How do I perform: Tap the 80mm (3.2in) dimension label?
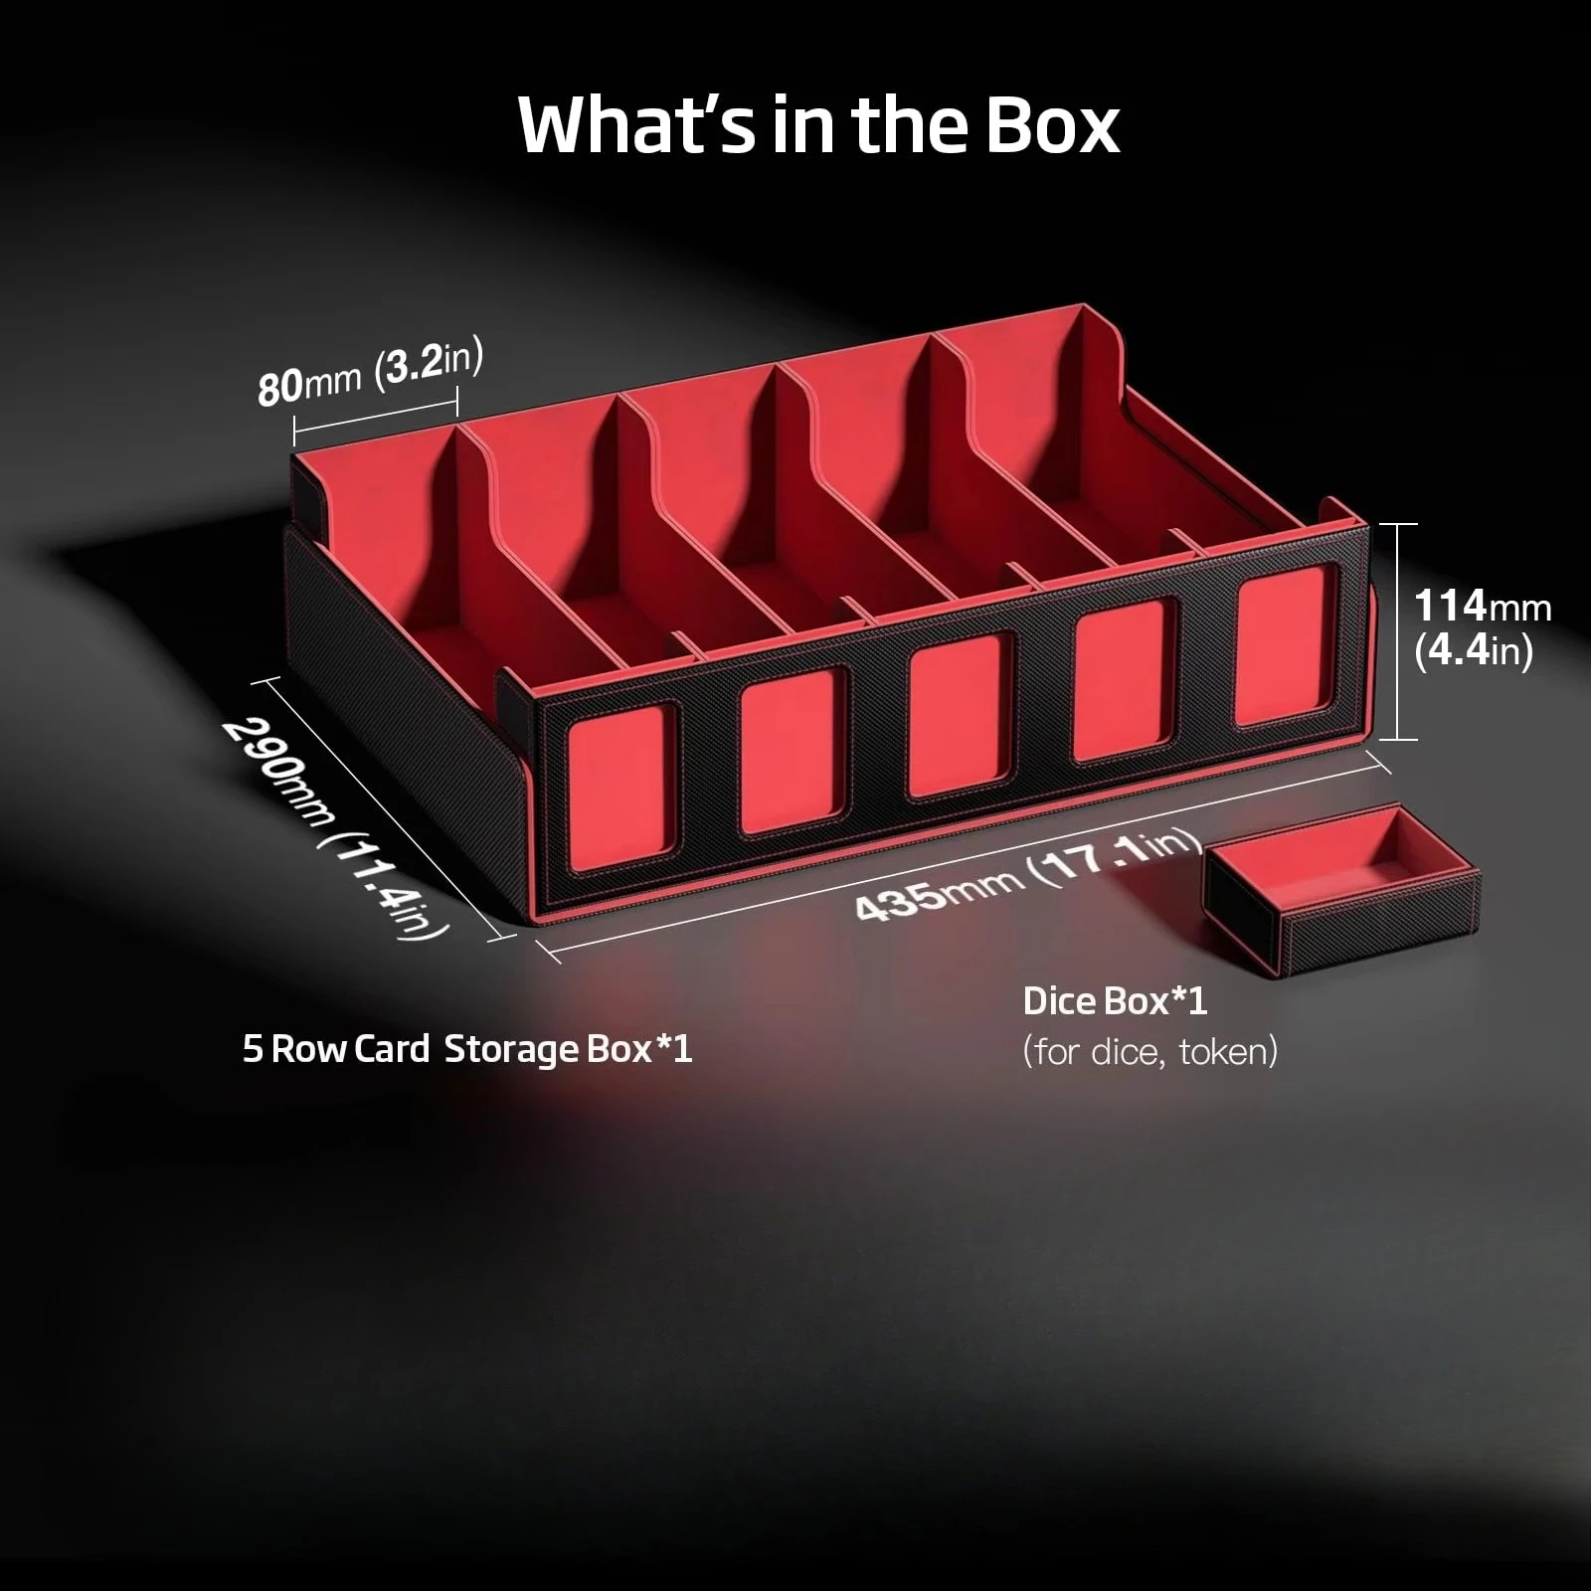click(x=370, y=375)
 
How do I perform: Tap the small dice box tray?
click(x=1342, y=893)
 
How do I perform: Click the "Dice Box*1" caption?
click(x=1115, y=1001)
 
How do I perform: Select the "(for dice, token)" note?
click(x=1149, y=1052)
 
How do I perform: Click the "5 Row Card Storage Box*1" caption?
click(x=467, y=1049)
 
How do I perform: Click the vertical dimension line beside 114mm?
click(x=1399, y=631)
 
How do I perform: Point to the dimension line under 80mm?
click(x=375, y=417)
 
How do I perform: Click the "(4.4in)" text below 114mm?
click(x=1474, y=651)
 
